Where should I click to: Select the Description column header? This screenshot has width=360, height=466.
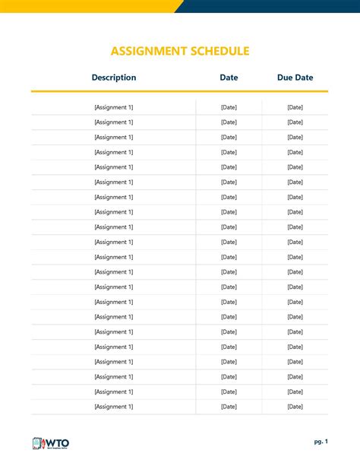point(114,78)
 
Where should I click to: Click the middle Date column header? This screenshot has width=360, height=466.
point(229,78)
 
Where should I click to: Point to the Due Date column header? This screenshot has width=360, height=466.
point(295,78)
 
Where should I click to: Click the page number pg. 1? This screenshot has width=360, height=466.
point(321,442)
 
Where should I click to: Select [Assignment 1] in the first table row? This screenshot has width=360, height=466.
point(114,107)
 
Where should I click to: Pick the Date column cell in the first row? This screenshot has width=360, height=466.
point(229,107)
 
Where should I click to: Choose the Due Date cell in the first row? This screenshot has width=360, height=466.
point(295,107)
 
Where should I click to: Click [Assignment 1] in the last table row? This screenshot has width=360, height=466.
point(114,407)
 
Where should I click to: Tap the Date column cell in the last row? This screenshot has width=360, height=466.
point(229,407)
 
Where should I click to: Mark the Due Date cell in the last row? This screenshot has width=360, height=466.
point(295,407)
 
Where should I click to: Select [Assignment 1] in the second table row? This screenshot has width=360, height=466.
point(114,122)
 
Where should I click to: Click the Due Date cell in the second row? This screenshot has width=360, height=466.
point(295,122)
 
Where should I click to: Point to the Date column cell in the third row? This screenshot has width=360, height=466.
point(229,138)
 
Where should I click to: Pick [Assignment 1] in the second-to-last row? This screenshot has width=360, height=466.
point(114,392)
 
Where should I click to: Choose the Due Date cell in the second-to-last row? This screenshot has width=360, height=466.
point(295,392)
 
